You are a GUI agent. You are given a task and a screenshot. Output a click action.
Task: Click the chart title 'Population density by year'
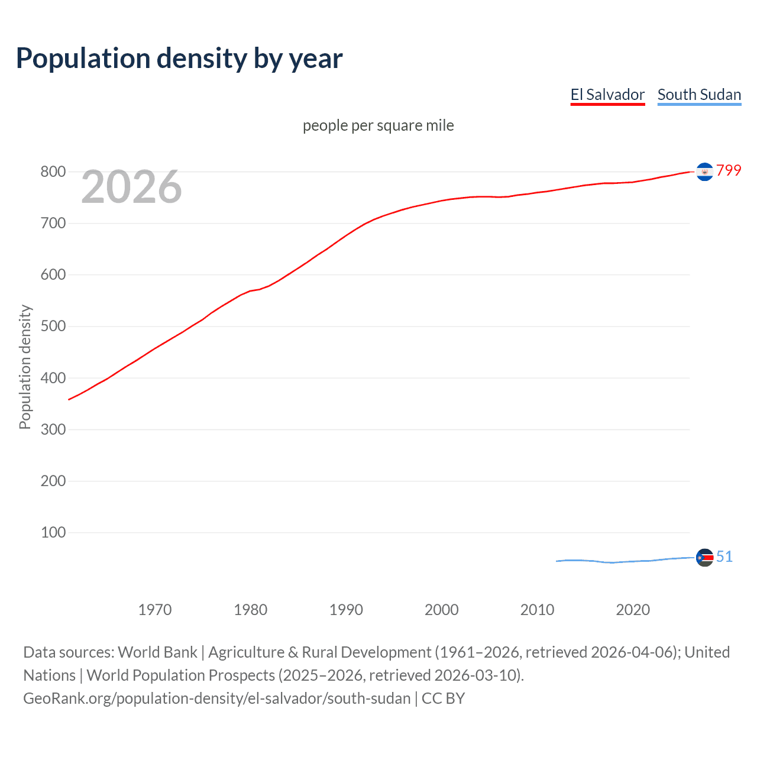[179, 59]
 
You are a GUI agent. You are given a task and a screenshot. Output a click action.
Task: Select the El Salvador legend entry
[607, 95]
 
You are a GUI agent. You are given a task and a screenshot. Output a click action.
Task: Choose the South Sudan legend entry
[699, 95]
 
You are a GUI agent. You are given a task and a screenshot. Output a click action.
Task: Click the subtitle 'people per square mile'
[378, 125]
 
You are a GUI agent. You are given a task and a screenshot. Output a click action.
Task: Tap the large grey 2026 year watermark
[131, 187]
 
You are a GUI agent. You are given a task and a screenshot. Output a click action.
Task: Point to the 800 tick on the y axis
[53, 172]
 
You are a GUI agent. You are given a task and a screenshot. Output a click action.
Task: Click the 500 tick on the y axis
[53, 326]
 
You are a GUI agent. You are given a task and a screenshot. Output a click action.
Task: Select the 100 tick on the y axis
[53, 532]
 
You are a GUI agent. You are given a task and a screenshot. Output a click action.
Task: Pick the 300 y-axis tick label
[53, 429]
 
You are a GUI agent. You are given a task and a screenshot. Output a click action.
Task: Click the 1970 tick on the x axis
[155, 610]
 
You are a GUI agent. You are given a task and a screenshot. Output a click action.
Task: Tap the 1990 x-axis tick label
[346, 610]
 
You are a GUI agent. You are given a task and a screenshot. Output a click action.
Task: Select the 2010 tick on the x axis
[537, 610]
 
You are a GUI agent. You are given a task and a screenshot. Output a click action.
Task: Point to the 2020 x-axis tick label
[633, 610]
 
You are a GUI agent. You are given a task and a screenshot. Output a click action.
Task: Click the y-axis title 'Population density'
[25, 367]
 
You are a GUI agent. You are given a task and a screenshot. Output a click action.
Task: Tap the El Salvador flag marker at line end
[704, 172]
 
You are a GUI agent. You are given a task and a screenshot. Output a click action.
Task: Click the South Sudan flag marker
[704, 557]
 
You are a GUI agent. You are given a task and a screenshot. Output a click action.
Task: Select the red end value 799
[729, 170]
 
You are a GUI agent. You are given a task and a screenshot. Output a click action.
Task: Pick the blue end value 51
[724, 557]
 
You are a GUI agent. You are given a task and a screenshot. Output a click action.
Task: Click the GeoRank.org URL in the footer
[216, 698]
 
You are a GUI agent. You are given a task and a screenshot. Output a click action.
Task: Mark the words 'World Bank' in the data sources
[157, 652]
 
